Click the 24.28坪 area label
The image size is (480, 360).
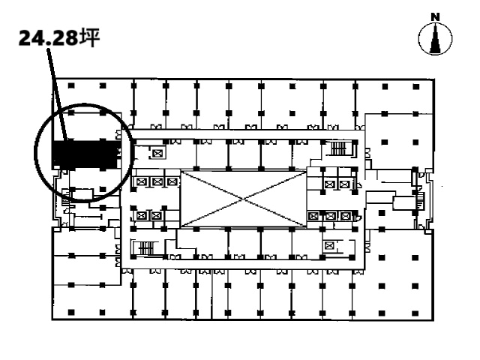coord(59,38)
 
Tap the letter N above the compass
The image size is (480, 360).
coord(435,17)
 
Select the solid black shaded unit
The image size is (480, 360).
coord(85,154)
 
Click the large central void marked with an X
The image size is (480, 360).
coord(243,199)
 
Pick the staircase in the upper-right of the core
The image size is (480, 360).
coord(340,148)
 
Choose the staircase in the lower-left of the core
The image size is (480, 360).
coord(146,247)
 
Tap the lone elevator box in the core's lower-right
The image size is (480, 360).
coord(329,245)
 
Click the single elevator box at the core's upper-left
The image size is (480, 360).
coord(157,153)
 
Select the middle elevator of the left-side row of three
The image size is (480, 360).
coord(157,182)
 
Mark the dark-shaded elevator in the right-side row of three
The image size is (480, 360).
coord(313,216)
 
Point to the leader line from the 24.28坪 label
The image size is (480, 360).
coord(57,94)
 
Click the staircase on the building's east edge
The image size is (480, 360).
coord(420,201)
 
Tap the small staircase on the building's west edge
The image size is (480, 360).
coord(66,199)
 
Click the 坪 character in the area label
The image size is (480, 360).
coord(90,37)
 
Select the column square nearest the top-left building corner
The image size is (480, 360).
coord(71,85)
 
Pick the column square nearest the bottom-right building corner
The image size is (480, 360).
coord(415,313)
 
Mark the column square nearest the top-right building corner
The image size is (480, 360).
coord(415,87)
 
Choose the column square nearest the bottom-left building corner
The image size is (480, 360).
coord(71,313)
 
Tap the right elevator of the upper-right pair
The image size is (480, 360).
coord(345,184)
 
